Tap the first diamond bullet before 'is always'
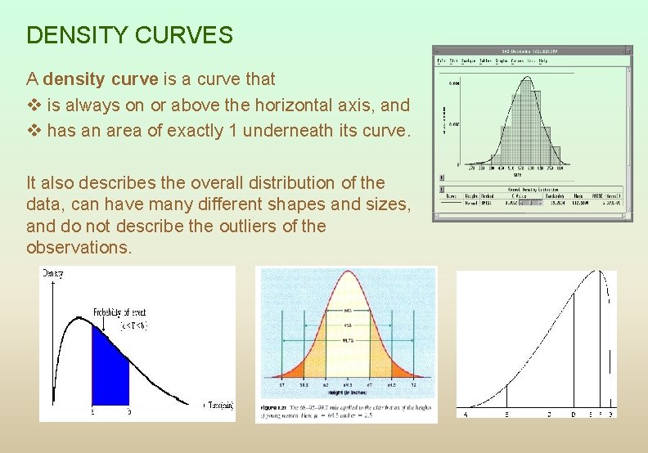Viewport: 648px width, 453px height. click(x=34, y=105)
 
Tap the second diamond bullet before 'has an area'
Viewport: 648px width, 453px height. click(x=34, y=131)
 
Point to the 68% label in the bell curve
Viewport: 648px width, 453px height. click(x=347, y=311)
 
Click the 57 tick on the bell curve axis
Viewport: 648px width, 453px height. click(x=281, y=383)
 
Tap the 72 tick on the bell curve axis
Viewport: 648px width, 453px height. click(x=413, y=383)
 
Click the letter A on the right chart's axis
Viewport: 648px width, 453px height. click(x=466, y=414)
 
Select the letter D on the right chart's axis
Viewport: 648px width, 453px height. click(x=572, y=414)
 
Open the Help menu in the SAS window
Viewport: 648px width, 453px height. click(x=556, y=61)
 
